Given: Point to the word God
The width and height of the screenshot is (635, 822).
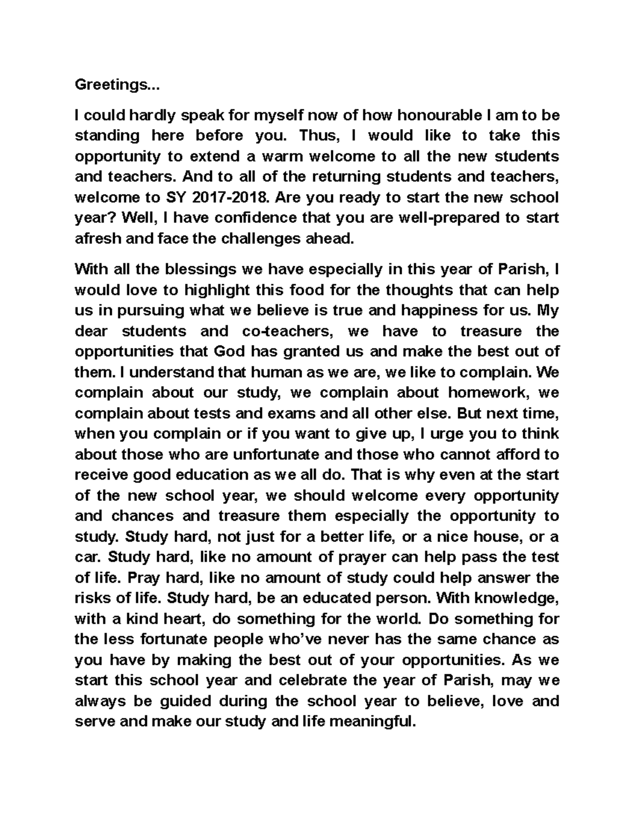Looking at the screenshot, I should point(230,352).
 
